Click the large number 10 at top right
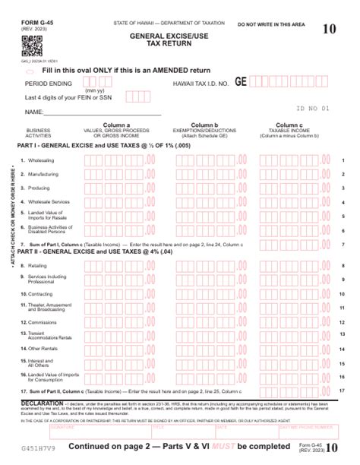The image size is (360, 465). [329, 30]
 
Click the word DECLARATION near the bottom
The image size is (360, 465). [42, 402]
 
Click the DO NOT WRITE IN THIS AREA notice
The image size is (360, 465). [270, 25]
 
